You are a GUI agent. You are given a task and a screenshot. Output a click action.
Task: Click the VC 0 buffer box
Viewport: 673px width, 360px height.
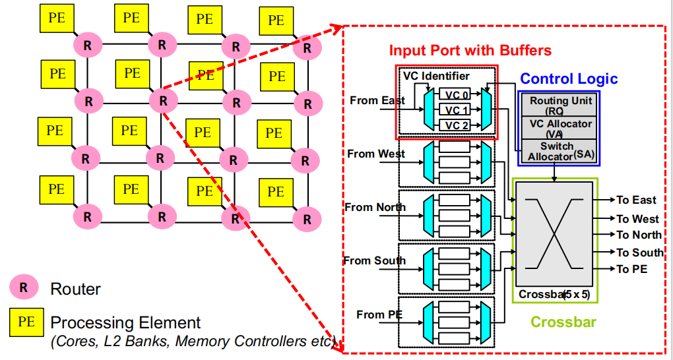coord(456,96)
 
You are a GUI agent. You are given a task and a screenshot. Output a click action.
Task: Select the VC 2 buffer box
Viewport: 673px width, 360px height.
coord(456,125)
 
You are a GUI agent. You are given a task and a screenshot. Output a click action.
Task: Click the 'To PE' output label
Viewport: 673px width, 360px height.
coord(631,269)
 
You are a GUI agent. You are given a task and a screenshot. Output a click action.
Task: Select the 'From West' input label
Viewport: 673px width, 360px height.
coord(376,154)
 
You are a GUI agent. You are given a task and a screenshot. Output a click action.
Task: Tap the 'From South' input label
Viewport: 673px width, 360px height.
coord(374,260)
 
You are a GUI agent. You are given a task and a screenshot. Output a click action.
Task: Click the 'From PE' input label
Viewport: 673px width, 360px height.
coord(379,315)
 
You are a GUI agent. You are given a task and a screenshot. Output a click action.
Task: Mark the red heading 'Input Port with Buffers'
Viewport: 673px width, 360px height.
coord(470,50)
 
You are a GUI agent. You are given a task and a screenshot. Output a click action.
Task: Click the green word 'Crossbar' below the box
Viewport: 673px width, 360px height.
coord(563,322)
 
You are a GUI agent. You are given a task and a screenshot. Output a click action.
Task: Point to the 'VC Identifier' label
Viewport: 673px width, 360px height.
coord(437,76)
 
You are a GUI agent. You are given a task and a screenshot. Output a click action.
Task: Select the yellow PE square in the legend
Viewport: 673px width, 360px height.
coord(26,322)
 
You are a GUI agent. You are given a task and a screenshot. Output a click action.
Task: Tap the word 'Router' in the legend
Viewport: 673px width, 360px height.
coord(75,289)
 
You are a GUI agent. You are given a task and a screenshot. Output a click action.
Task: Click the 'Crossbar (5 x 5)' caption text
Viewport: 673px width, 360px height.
coord(554,294)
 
